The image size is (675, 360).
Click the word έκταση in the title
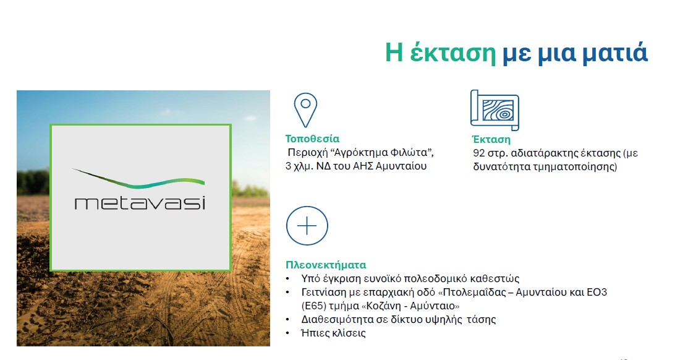coord(452,53)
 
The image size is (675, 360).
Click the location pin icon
coord(305,110)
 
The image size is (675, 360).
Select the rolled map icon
coord(495,110)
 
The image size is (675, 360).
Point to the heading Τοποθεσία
coord(312,139)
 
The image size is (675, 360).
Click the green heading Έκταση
coord(491,139)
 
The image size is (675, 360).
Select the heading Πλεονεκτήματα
coord(326,264)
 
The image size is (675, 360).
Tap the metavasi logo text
coord(140,202)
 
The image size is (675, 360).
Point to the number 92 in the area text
coord(478,153)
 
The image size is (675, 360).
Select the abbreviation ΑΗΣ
coord(363,166)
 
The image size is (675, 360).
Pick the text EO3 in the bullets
coord(596,292)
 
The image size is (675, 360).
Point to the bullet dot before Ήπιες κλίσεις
coord(288,333)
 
